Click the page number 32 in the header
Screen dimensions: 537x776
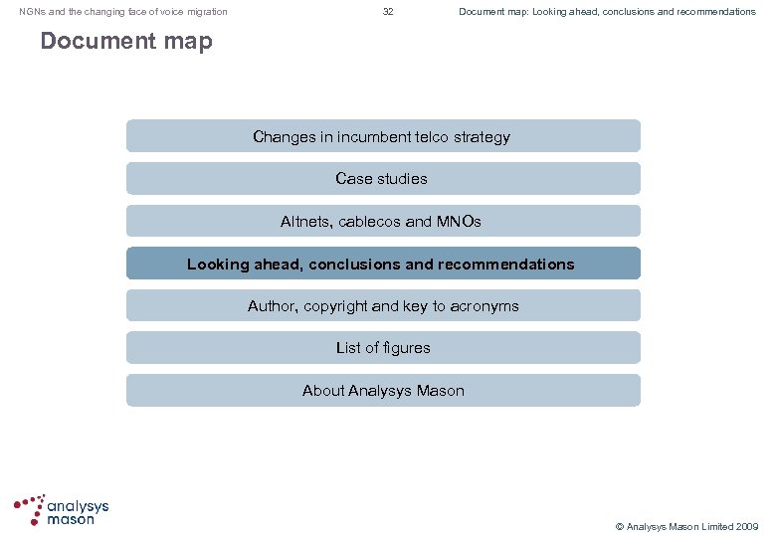point(388,12)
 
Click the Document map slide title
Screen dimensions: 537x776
point(125,42)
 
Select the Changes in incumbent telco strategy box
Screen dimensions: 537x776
point(383,136)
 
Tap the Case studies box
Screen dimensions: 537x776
point(383,179)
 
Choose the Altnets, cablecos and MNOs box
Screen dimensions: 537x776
point(383,222)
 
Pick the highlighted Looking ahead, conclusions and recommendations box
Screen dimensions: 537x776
point(383,265)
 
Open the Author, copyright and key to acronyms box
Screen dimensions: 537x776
point(383,306)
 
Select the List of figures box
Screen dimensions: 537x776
point(383,348)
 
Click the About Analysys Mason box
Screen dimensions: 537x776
point(383,391)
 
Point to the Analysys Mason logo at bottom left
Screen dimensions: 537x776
point(61,509)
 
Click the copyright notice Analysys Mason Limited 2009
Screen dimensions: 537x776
point(686,526)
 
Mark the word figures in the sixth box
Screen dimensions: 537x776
point(408,348)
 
